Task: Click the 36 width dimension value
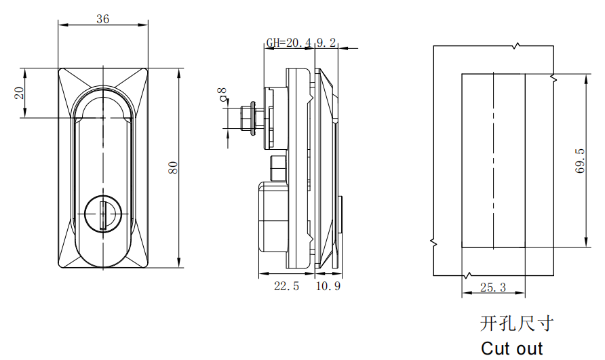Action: pyautogui.click(x=103, y=19)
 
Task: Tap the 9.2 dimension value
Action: pyautogui.click(x=326, y=43)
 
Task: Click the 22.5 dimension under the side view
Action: pyautogui.click(x=286, y=287)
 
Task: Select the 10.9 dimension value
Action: pyautogui.click(x=328, y=287)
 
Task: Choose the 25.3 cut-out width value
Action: pyautogui.click(x=493, y=287)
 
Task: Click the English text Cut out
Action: pyautogui.click(x=512, y=348)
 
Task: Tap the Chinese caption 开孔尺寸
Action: pyautogui.click(x=516, y=324)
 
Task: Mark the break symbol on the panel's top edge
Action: pyautogui.click(x=518, y=45)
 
